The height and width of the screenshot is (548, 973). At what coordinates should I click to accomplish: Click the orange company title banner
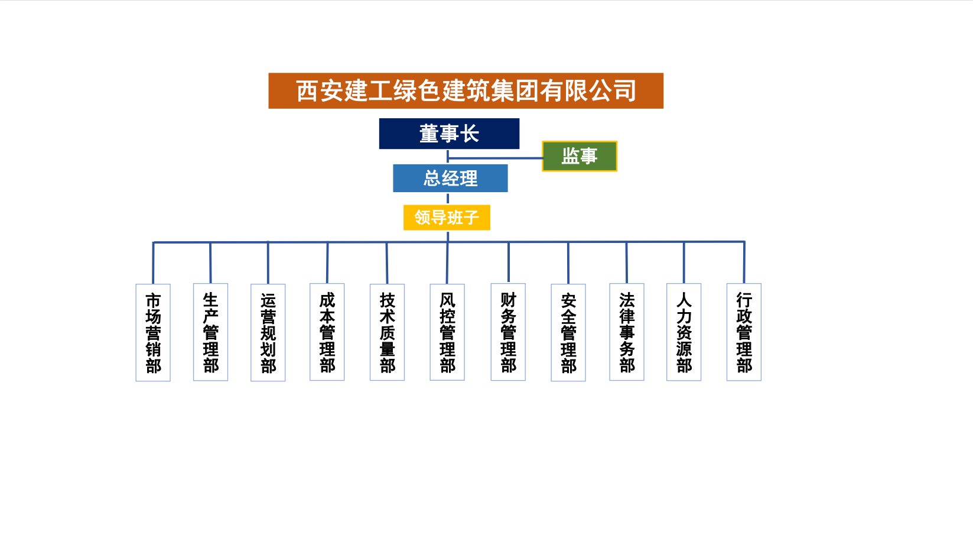(466, 90)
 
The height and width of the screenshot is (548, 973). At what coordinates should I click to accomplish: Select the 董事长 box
(449, 134)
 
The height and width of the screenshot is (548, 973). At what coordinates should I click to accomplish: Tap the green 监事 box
(579, 156)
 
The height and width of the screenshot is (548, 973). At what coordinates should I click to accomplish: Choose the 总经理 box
(450, 178)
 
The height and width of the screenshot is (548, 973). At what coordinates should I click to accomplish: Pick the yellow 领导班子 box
(447, 218)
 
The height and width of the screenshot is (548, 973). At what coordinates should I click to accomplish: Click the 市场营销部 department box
(153, 332)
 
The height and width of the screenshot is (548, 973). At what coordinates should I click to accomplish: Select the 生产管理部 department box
(210, 332)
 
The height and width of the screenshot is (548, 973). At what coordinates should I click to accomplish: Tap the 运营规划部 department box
(268, 332)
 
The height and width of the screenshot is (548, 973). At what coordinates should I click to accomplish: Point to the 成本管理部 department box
(327, 332)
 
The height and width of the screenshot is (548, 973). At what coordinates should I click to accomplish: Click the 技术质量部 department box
(387, 332)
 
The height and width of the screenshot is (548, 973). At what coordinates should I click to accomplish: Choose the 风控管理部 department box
(447, 332)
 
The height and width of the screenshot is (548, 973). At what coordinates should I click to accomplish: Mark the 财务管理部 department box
(508, 332)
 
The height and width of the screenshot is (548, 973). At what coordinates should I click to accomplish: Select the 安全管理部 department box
(568, 332)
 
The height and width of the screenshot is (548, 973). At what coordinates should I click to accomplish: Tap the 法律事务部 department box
(627, 332)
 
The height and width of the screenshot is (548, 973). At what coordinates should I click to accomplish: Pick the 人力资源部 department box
(684, 332)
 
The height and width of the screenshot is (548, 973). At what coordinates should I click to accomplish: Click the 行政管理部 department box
(744, 332)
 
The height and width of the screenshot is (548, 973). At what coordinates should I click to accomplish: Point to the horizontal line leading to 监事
(496, 158)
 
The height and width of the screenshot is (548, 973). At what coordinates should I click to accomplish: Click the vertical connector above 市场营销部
(153, 263)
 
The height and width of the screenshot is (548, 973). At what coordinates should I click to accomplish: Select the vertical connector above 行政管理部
(744, 262)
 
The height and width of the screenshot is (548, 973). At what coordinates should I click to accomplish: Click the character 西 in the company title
(308, 91)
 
